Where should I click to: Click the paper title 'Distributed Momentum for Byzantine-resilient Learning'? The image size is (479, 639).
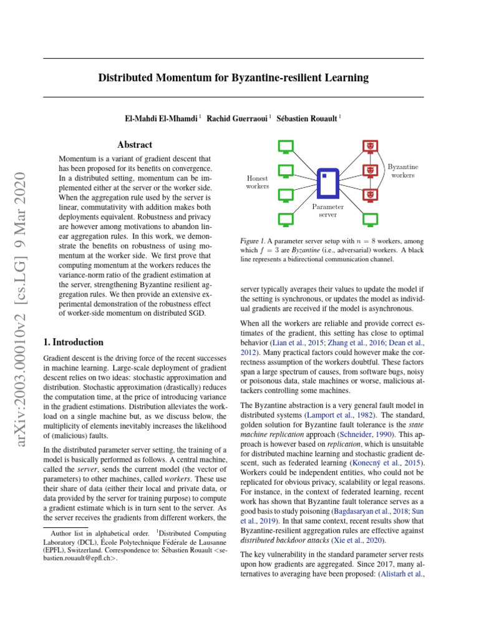click(x=233, y=78)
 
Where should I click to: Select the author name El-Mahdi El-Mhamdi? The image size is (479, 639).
click(x=160, y=118)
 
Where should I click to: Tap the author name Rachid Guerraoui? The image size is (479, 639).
click(x=238, y=118)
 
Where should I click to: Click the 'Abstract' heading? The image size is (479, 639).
click(x=135, y=144)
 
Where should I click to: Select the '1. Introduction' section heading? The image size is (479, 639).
click(x=74, y=342)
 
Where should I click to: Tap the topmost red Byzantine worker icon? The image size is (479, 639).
click(x=370, y=147)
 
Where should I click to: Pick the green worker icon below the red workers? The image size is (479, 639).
click(x=370, y=219)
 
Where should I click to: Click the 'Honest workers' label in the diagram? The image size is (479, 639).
click(x=258, y=182)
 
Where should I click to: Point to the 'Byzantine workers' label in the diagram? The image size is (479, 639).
click(x=403, y=171)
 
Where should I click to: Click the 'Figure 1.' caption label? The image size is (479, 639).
click(x=254, y=241)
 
